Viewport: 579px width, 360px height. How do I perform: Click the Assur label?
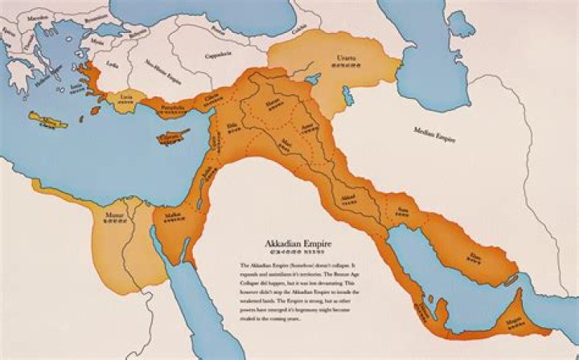coord(306,127)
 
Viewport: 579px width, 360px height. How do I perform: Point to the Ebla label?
coord(233,125)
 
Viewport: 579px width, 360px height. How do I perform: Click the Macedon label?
coord(38,14)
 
